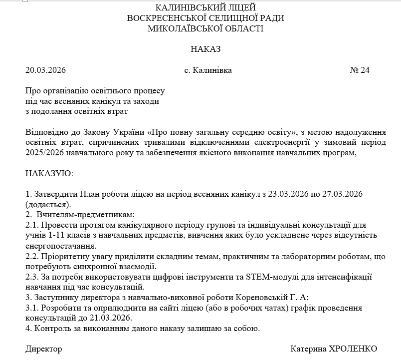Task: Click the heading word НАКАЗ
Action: (x=205, y=49)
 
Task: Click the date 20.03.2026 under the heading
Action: (x=45, y=70)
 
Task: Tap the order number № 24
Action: (x=360, y=70)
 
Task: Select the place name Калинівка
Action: (x=211, y=70)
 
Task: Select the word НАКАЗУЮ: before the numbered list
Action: (x=49, y=173)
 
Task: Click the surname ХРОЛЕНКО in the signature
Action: (x=352, y=348)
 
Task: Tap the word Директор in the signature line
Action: (x=44, y=348)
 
